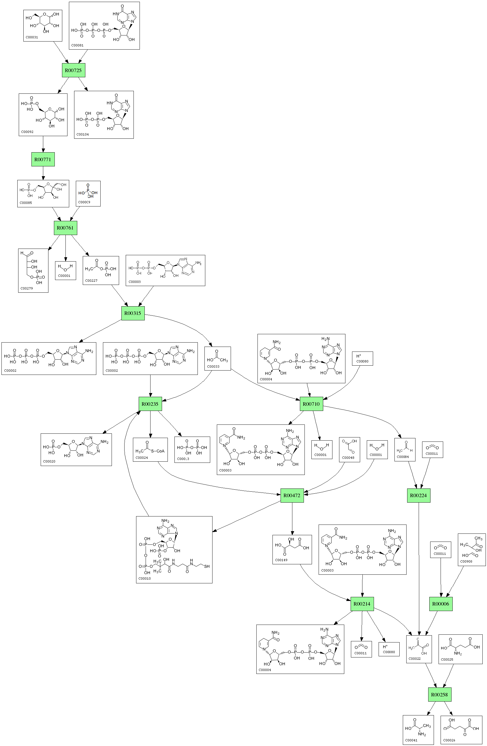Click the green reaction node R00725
point(73,70)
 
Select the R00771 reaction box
point(43,159)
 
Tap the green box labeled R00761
point(65,228)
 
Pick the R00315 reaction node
point(133,313)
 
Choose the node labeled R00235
point(150,404)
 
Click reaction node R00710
point(311,404)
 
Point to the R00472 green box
point(292,496)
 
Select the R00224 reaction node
point(418,496)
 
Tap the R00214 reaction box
point(362,604)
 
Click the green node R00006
point(441,604)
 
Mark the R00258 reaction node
point(439,695)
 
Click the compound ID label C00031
point(32,37)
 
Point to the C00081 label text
point(77,46)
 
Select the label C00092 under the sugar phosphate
point(27,132)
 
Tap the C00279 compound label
point(27,288)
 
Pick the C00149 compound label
point(281,560)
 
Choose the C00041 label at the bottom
point(411,740)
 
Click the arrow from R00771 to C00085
point(43,174)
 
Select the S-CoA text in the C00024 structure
point(158,451)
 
